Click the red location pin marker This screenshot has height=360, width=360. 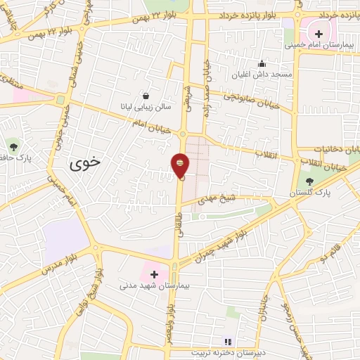pyautogui.click(x=180, y=166)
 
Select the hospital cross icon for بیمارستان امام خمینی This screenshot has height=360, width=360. pyautogui.click(x=319, y=32)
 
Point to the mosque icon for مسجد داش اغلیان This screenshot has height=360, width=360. pyautogui.click(x=262, y=63)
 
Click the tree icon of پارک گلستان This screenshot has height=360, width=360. pyautogui.click(x=309, y=181)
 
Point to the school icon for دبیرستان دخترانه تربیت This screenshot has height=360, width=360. pyautogui.click(x=226, y=341)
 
